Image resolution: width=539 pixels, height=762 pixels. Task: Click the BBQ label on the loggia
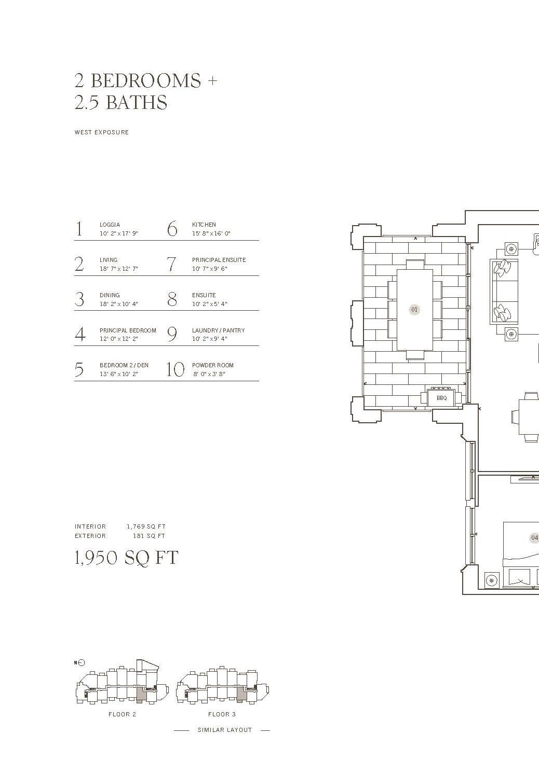click(441, 398)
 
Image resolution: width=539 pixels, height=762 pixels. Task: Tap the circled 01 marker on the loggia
click(414, 310)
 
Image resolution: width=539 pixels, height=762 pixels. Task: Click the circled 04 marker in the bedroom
click(534, 538)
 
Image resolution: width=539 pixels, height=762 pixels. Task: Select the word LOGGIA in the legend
click(110, 225)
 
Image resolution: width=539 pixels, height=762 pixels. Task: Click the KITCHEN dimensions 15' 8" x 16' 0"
click(211, 233)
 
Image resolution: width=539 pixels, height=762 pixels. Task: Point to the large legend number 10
click(175, 370)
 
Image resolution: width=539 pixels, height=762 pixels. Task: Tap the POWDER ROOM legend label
click(212, 365)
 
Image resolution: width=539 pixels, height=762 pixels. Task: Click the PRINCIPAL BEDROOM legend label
click(128, 330)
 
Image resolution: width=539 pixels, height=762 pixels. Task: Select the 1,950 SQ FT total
click(127, 558)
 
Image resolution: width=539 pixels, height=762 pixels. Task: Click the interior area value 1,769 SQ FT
click(146, 527)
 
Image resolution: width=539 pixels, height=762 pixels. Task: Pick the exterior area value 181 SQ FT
click(149, 536)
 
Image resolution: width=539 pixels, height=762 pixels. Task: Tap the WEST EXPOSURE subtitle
click(101, 132)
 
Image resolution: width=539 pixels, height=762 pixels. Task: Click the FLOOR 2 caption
click(122, 714)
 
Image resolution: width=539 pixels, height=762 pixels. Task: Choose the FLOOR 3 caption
click(222, 714)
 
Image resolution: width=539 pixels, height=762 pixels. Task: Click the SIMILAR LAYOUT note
click(224, 730)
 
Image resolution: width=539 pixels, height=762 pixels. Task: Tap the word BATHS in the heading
click(136, 102)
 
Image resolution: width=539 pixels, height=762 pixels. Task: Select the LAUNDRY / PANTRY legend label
click(218, 330)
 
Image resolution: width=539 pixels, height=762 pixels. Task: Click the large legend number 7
click(172, 264)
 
